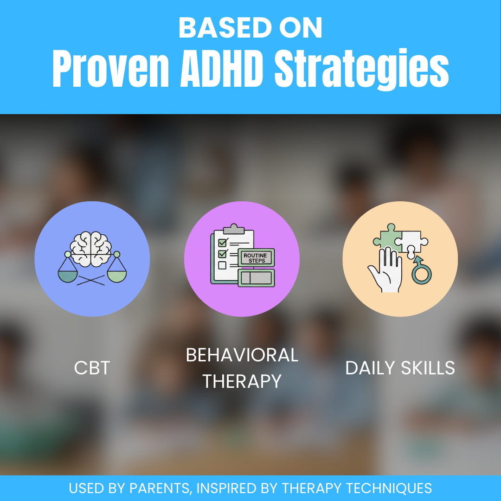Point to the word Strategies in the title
[x=362, y=70]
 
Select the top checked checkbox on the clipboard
[x=222, y=242]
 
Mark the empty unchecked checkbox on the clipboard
[x=222, y=265]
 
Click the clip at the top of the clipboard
[x=234, y=229]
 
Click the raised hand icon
[x=385, y=271]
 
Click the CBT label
[x=92, y=368]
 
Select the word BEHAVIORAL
[x=242, y=355]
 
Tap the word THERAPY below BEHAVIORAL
[x=242, y=381]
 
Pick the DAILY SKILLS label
[x=400, y=368]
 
